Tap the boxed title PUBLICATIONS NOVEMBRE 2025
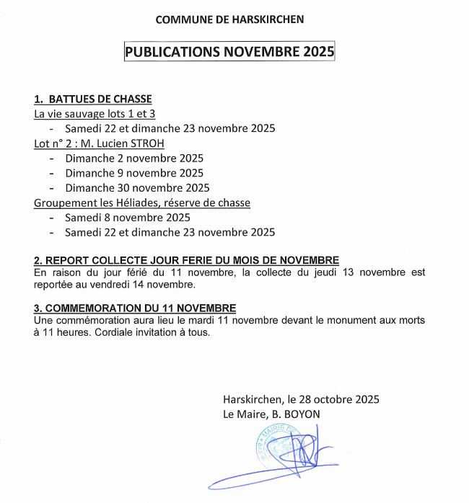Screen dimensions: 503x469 pos(229,53)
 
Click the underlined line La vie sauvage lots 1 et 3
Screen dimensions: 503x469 pos(95,114)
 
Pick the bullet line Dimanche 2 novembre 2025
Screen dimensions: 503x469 pos(134,158)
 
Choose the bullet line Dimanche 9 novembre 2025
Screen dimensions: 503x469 pos(134,173)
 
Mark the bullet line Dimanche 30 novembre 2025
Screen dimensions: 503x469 pos(137,188)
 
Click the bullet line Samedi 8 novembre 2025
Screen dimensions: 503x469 pos(128,218)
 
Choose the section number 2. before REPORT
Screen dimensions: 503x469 pos(38,259)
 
